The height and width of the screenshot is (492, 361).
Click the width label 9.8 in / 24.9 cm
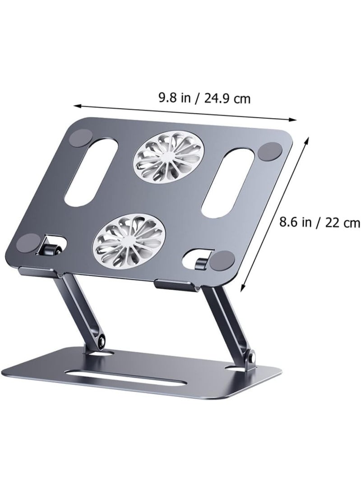click(x=204, y=98)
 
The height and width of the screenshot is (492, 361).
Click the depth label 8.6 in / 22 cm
click(x=319, y=222)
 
